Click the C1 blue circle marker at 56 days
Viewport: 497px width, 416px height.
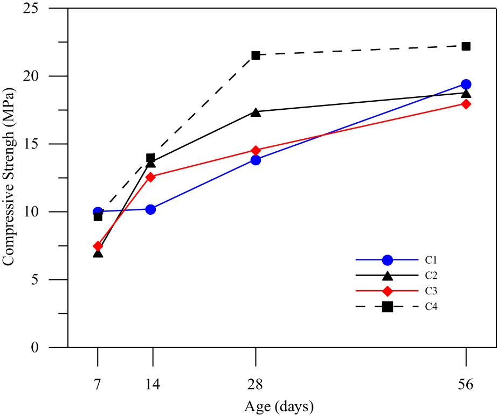(x=466, y=84)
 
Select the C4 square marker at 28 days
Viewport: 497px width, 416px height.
(x=256, y=55)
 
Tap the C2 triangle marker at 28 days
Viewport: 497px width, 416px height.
(x=256, y=112)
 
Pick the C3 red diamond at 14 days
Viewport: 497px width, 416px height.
(x=150, y=177)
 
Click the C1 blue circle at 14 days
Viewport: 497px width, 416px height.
(x=150, y=209)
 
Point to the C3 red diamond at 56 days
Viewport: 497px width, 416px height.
(x=466, y=104)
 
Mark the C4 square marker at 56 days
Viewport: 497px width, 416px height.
(x=466, y=46)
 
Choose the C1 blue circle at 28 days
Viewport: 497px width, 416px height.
(x=256, y=160)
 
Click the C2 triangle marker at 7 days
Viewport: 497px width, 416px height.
(x=98, y=252)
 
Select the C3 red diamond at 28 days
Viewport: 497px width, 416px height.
(x=256, y=150)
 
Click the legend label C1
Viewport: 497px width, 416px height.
(x=430, y=260)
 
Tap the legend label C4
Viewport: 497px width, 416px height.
(x=430, y=307)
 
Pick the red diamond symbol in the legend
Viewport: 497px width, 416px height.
(x=387, y=291)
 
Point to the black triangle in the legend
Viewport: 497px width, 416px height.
(x=387, y=276)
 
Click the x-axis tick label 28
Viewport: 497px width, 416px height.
(x=256, y=385)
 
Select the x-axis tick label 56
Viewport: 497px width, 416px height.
(x=466, y=385)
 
